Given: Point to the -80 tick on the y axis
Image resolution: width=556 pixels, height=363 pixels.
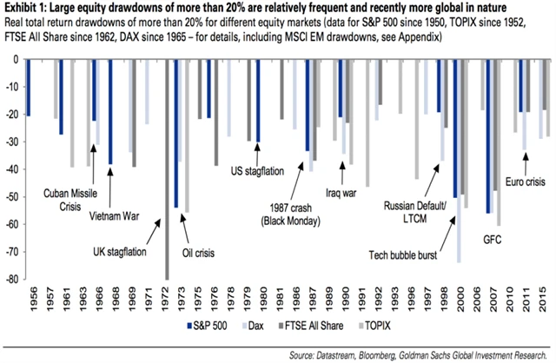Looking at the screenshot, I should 11,280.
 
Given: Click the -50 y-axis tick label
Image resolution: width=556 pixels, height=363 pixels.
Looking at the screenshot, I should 11,197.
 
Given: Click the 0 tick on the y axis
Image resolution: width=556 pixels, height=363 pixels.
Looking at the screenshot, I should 16,59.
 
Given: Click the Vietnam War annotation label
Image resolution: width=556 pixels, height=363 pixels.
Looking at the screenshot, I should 105,214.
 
